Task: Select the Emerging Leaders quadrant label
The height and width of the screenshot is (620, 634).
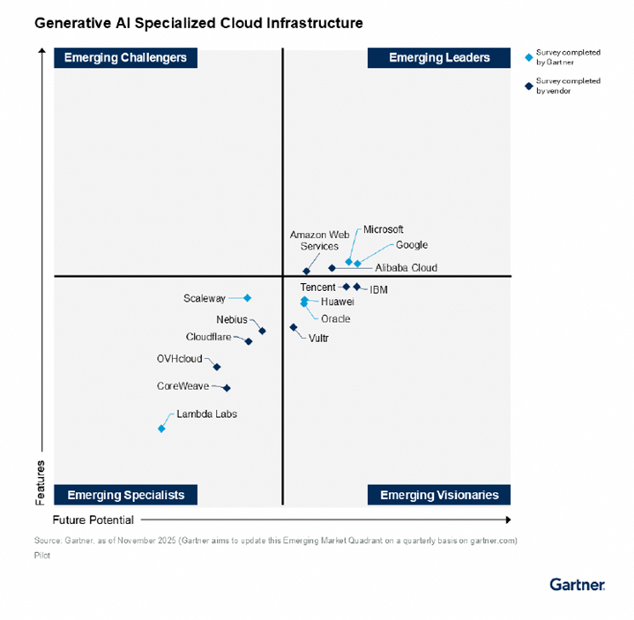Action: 439,57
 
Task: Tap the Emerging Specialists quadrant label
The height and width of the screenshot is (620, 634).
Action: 126,495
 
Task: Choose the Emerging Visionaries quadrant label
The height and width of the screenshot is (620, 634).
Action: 439,495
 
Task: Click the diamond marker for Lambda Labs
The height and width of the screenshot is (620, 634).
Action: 161,429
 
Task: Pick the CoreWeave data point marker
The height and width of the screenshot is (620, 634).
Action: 227,387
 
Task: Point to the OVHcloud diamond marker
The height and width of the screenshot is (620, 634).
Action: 217,367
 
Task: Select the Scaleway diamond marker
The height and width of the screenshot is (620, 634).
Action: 248,298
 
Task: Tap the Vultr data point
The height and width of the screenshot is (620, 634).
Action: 294,327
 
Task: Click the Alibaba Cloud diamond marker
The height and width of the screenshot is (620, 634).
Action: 332,268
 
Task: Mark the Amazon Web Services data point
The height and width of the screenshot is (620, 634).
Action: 307,272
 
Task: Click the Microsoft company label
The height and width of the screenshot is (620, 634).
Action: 384,230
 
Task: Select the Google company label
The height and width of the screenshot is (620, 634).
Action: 412,245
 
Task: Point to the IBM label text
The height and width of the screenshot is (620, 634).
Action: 379,289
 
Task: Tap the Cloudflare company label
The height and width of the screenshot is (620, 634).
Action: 208,337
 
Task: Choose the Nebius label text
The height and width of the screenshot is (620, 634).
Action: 232,319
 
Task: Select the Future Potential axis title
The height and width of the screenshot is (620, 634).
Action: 93,520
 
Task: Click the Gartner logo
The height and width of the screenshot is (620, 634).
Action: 577,584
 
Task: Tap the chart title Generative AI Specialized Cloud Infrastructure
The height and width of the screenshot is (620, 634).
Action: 198,23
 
